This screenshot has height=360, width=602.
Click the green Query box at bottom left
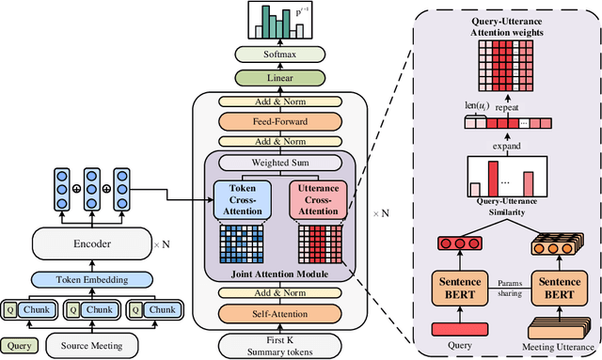tap(21, 344)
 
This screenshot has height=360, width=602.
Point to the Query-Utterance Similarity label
tap(499, 208)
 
